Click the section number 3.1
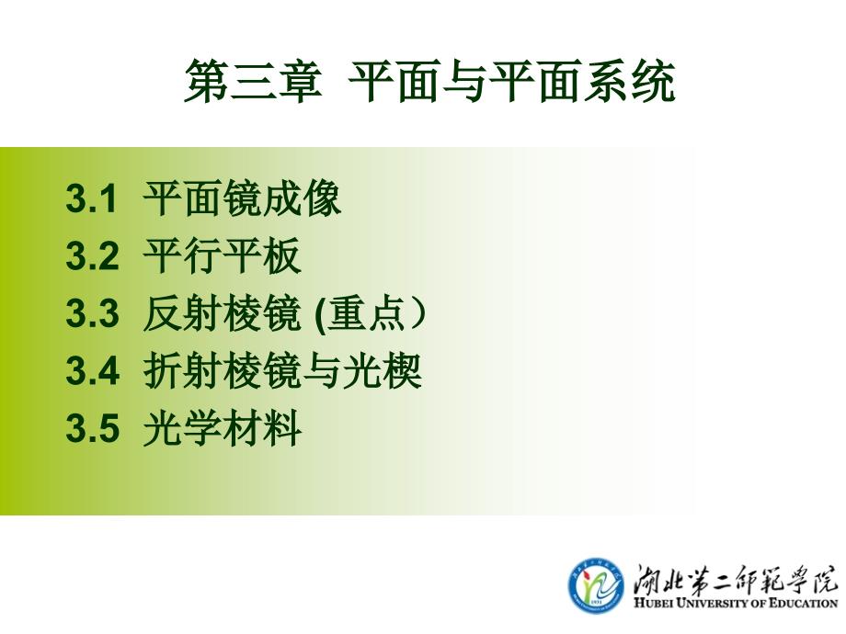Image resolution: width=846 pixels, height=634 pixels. [91, 198]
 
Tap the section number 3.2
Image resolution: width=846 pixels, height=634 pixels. [92, 255]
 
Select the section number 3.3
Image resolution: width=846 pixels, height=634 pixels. [92, 312]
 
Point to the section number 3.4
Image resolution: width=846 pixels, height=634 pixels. [92, 370]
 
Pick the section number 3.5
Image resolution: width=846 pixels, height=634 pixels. [92, 428]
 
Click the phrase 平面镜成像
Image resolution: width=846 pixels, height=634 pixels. [242, 198]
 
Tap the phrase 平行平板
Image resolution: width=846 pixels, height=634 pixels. [222, 255]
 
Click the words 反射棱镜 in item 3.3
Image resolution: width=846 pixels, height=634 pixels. [222, 313]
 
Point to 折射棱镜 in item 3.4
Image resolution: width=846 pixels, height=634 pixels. [222, 370]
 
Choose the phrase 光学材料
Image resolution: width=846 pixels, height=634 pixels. [222, 428]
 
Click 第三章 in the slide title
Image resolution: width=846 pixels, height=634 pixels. [253, 82]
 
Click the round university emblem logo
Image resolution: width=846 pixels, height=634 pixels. [596, 584]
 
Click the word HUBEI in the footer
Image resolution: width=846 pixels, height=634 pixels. [653, 604]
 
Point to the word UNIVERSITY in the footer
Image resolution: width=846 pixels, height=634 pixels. [714, 604]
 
